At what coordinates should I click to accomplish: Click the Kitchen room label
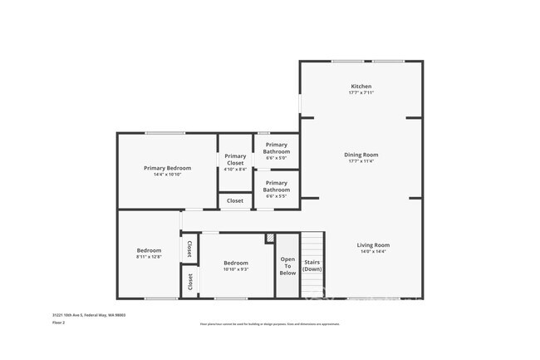point(361,86)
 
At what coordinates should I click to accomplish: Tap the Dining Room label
point(361,155)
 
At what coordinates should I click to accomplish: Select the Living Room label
point(373,245)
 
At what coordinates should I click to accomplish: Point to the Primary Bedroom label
point(167,168)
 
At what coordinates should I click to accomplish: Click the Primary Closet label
point(235,159)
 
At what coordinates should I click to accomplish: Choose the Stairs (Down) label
point(312,266)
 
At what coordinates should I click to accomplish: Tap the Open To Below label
point(287,266)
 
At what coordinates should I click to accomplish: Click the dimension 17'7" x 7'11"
point(361,93)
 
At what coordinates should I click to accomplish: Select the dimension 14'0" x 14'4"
point(373,252)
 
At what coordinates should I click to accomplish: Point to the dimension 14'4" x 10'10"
point(167,175)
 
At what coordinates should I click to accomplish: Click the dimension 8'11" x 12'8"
point(149,257)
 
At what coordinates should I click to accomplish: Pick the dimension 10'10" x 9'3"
point(236,269)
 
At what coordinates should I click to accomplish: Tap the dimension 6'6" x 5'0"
point(277,159)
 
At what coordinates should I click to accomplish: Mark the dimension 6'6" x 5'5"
point(277,196)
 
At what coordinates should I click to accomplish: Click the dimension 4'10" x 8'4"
point(235,170)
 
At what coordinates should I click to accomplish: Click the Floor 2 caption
point(59,323)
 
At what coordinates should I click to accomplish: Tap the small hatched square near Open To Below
point(269,239)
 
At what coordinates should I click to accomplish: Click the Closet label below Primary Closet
point(235,200)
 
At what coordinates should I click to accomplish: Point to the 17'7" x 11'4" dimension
point(361,161)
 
